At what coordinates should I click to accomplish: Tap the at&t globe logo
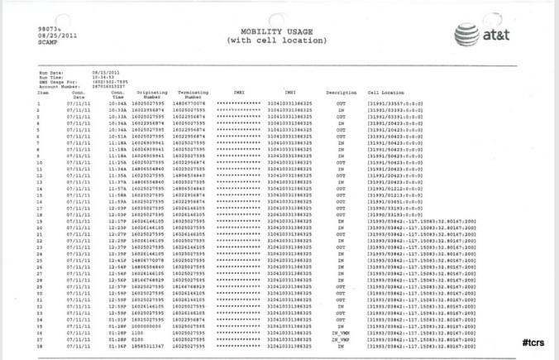tap(468, 35)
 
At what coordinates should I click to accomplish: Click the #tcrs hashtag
tap(533, 342)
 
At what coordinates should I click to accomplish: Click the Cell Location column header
tap(385, 93)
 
